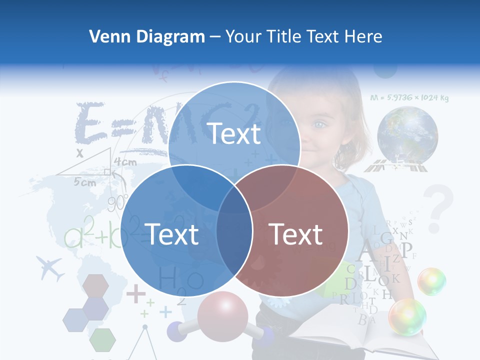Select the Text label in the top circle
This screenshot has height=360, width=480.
234,133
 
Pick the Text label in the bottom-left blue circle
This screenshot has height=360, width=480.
171,234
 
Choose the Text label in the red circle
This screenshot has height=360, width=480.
296,234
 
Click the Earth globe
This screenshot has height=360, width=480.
407,134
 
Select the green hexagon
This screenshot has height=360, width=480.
103,340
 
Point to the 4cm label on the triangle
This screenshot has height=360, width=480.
125,162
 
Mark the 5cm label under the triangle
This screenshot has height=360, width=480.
85,182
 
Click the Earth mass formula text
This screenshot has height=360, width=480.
409,98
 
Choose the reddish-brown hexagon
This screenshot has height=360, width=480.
95,285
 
